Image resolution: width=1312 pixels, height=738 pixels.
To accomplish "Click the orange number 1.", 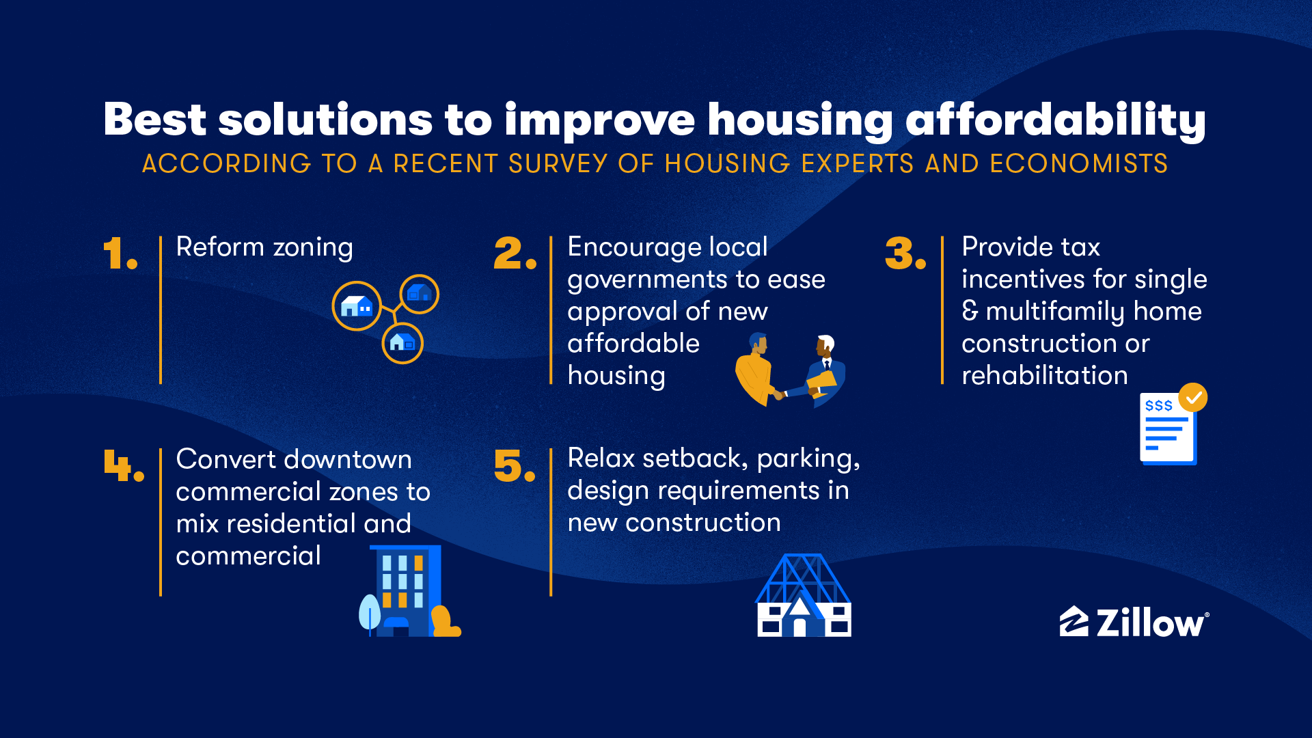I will (115, 254).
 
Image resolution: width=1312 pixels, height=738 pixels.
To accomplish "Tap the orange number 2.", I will (509, 254).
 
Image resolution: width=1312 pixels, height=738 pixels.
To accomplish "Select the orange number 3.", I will (901, 254).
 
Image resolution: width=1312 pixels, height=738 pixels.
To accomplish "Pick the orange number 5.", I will (509, 465).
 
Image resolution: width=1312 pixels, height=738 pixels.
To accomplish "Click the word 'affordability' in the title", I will (1056, 120).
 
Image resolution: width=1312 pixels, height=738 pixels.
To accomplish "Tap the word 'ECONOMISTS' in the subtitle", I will (1079, 164).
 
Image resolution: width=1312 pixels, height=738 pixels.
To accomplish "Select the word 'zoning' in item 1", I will (313, 247).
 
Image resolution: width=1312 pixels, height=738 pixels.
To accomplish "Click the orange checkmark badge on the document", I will (1193, 397).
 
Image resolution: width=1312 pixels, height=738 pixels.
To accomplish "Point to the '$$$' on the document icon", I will (1158, 406).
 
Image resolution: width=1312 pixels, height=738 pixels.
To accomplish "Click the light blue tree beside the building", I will (370, 613).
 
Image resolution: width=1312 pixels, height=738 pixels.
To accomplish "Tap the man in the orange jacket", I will (754, 369).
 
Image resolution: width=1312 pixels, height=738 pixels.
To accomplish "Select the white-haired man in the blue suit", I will (827, 369).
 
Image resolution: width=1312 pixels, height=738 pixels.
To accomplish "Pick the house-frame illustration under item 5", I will (804, 595).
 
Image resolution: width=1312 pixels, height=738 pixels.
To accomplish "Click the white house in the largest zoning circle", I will (356, 305).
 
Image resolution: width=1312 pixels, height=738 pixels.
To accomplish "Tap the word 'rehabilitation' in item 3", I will (1044, 376).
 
